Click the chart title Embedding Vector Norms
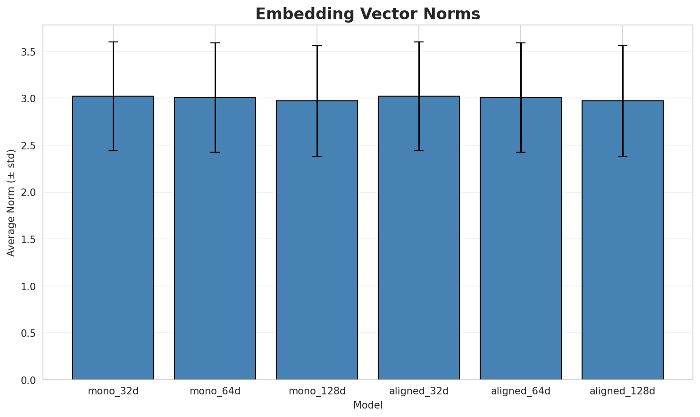[x=367, y=14]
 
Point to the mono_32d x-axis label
[x=113, y=391]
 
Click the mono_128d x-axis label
[x=317, y=391]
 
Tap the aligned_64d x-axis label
[x=521, y=391]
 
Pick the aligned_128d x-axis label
[x=623, y=391]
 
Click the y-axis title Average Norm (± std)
[x=11, y=203]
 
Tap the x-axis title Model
[x=367, y=405]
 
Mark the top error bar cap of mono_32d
[x=113, y=42]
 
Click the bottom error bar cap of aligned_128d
[x=623, y=156]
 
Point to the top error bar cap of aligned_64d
[x=521, y=43]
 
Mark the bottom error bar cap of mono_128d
[x=317, y=156]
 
